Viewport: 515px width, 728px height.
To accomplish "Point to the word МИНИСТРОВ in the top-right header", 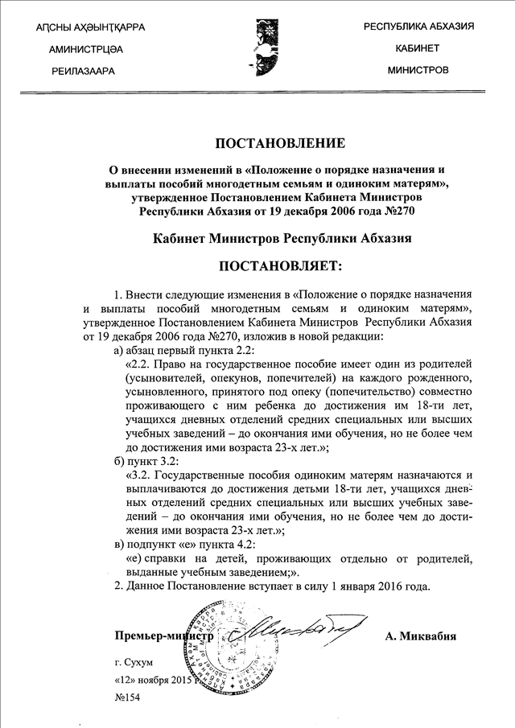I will [x=418, y=70].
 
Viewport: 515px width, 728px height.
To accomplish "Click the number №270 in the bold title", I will [x=400, y=212].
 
